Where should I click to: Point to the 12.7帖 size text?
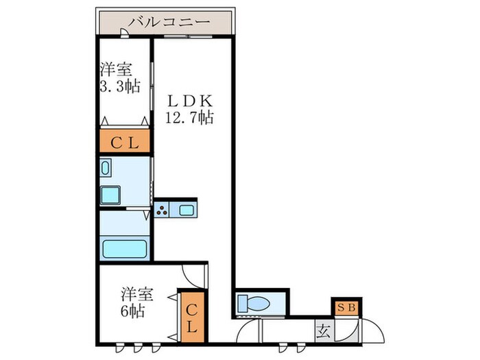point(189,117)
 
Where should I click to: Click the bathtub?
point(124,248)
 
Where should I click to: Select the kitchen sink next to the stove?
point(186,210)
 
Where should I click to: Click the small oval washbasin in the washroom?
point(106,167)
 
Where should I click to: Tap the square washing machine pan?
point(111,195)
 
